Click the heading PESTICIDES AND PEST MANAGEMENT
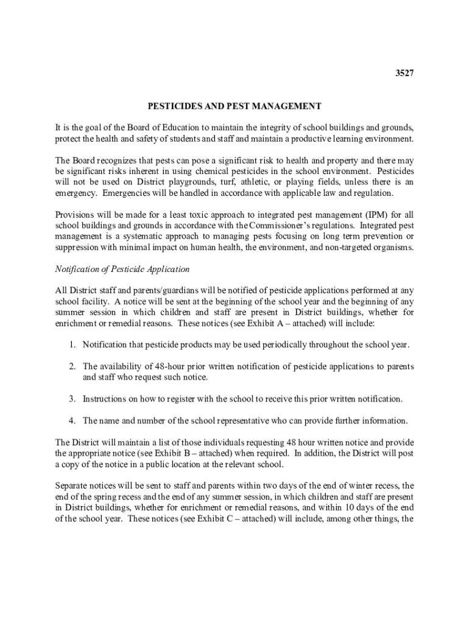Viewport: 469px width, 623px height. pyautogui.click(x=234, y=106)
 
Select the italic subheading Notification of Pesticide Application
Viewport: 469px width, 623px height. pyautogui.click(x=122, y=269)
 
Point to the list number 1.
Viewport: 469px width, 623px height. pyautogui.click(x=71, y=345)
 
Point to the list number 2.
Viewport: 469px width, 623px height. pyautogui.click(x=71, y=366)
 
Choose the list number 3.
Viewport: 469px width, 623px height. pyautogui.click(x=71, y=399)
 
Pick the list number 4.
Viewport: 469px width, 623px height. pyautogui.click(x=71, y=420)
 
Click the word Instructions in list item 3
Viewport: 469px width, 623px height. pyautogui.click(x=106, y=399)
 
